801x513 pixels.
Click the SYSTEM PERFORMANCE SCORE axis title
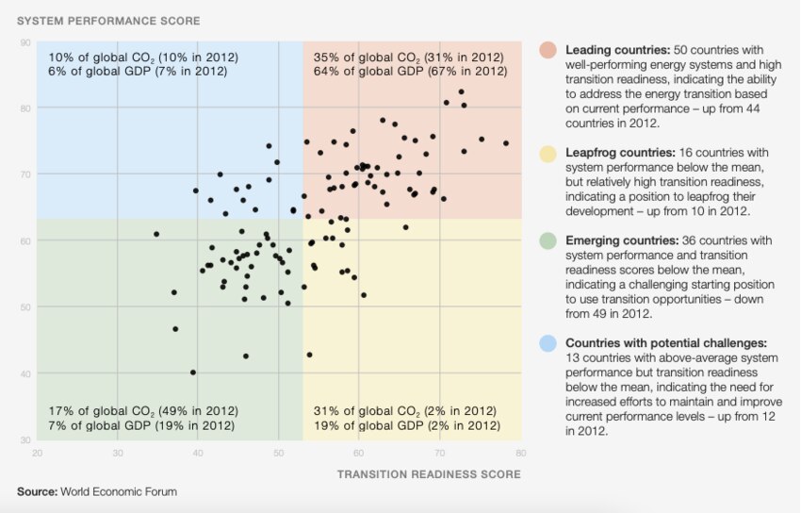[109, 21]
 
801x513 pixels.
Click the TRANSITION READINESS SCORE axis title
[429, 474]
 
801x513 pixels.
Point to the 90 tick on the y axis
[25, 42]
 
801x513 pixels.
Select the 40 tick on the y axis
[25, 374]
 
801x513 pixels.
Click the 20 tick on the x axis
[37, 453]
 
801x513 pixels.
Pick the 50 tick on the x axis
[279, 453]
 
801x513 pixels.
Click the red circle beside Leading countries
[548, 49]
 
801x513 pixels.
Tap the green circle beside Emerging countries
[548, 241]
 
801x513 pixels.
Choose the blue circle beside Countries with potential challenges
[548, 343]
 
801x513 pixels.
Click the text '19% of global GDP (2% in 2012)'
[407, 426]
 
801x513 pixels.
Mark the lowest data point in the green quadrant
[193, 372]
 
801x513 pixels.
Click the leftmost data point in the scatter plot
[156, 234]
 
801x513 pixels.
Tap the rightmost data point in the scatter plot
[506, 143]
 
